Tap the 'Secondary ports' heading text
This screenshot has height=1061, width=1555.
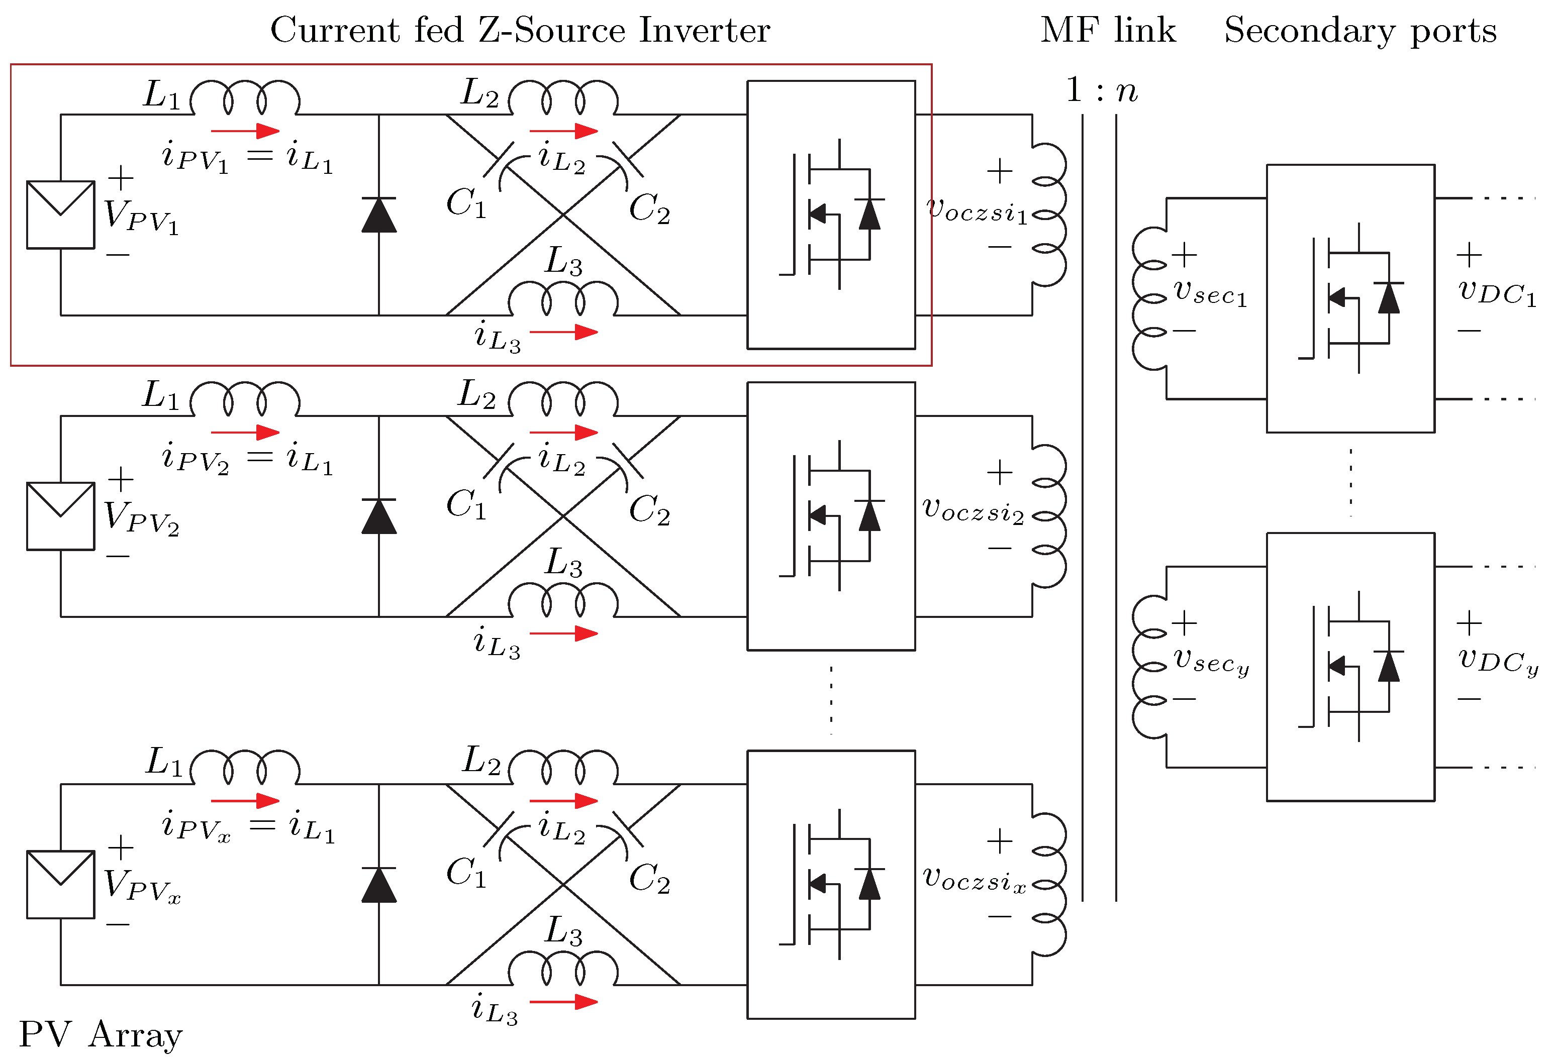pos(1359,30)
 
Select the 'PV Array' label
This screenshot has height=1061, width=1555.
pos(101,1034)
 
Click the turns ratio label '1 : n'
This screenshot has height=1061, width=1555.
pos(1101,90)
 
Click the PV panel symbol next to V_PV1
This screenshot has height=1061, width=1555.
pos(60,215)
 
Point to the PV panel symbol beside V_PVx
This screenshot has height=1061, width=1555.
pos(60,884)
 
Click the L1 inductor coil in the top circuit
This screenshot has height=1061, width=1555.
pos(245,99)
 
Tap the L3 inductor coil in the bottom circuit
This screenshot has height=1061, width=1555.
pos(563,970)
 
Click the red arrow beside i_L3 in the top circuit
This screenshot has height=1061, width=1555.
pos(563,332)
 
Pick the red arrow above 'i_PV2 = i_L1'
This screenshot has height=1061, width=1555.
pos(245,432)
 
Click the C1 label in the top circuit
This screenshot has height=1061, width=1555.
pos(466,202)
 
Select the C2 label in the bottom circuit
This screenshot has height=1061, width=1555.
pos(649,878)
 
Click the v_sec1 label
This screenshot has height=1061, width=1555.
pos(1210,292)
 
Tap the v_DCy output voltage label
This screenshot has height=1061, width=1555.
pos(1498,661)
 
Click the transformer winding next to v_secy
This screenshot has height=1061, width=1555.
pos(1149,667)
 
